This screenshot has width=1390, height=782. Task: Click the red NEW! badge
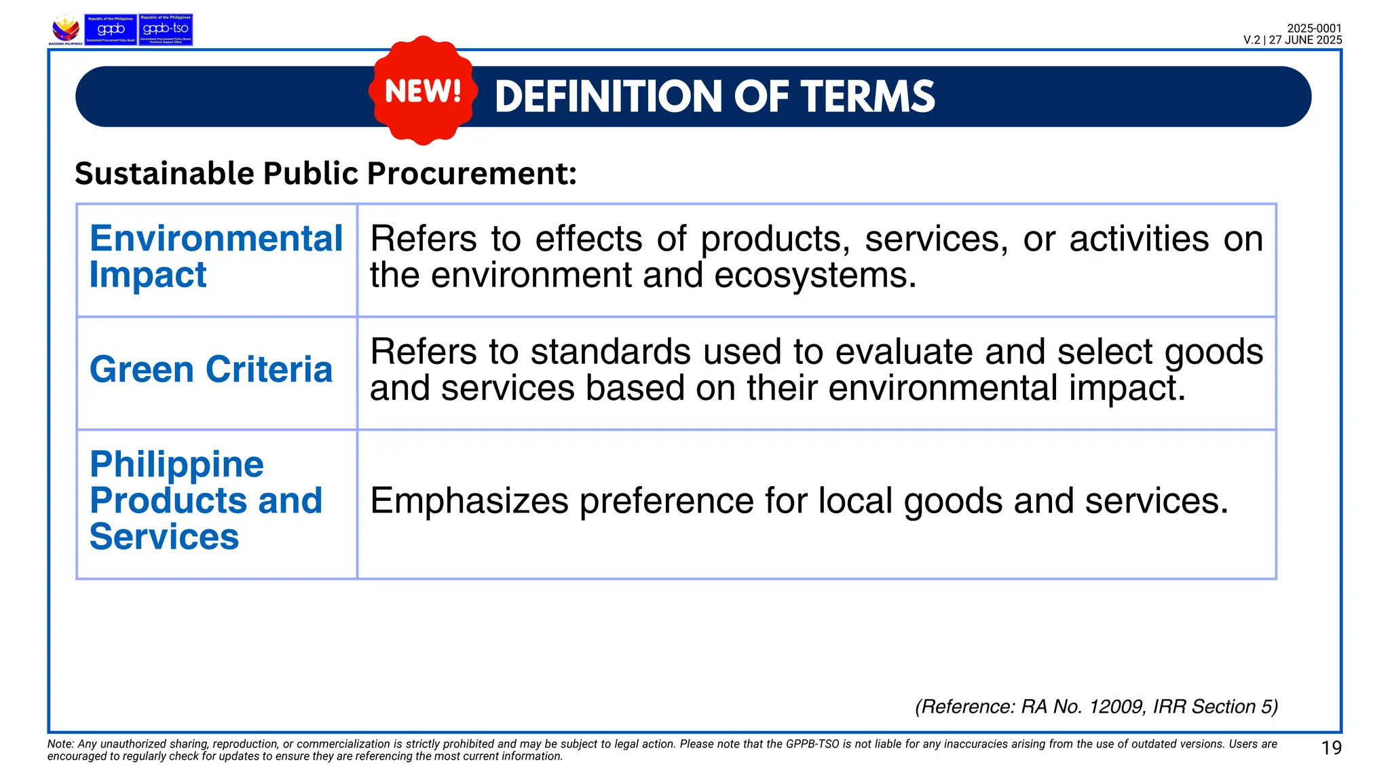[x=423, y=91]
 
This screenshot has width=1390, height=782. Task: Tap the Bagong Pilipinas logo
[x=66, y=30]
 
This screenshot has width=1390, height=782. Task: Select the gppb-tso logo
[x=166, y=30]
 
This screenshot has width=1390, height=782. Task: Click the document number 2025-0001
[x=1314, y=29]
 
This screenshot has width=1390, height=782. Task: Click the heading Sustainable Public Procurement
[x=325, y=173]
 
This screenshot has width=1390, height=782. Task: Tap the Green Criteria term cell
[x=211, y=370]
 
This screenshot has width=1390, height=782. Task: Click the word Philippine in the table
[x=176, y=464]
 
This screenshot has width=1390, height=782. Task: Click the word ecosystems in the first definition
[x=814, y=276]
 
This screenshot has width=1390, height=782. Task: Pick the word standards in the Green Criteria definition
[x=610, y=352]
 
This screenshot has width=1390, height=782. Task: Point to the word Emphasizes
[x=469, y=501]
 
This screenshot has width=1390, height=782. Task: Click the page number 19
[x=1331, y=748]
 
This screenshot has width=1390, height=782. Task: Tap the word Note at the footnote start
[x=60, y=744]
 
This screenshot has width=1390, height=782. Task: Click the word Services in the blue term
[x=164, y=537]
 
